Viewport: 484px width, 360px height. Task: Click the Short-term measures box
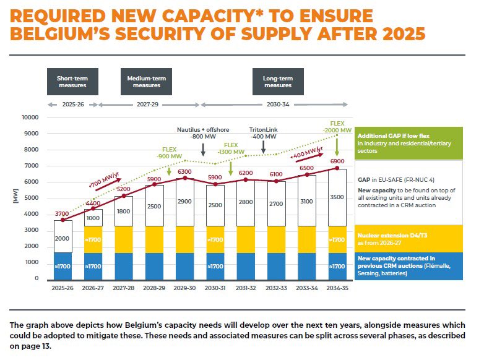pyautogui.click(x=72, y=82)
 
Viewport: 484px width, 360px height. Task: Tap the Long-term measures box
pyautogui.click(x=278, y=82)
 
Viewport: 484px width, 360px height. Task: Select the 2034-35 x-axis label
pyautogui.click(x=337, y=288)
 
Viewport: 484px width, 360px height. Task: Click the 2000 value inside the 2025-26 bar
pyautogui.click(x=62, y=239)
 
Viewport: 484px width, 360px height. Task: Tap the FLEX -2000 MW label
pyautogui.click(x=337, y=127)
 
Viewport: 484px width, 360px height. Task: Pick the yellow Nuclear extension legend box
pyautogui.click(x=408, y=239)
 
